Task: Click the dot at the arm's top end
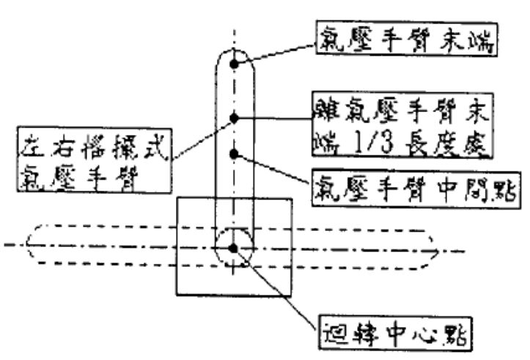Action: coord(234,64)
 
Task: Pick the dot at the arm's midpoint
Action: coord(234,154)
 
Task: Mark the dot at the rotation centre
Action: coord(234,249)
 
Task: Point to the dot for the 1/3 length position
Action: coord(234,117)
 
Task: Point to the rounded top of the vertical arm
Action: coord(234,48)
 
